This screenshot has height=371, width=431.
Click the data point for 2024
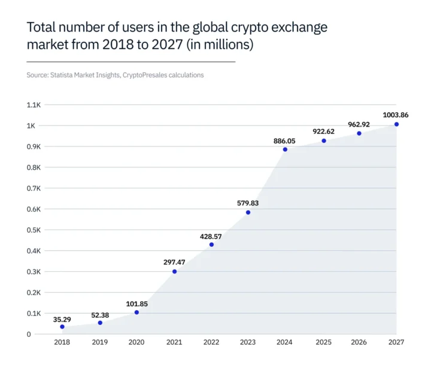pos(285,149)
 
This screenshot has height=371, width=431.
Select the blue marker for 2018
pos(62,327)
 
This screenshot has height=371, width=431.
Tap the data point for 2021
pos(174,272)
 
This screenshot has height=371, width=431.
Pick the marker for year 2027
pos(396,124)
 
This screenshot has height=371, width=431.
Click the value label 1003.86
pos(396,114)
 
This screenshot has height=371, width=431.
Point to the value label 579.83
pos(248,203)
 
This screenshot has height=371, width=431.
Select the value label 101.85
pos(136,303)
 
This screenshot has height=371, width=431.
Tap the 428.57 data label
pos(211,237)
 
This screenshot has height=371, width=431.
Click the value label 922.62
pos(324,131)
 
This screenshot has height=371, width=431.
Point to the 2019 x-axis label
pos(100,342)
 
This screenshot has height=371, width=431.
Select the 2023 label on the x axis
pos(248,342)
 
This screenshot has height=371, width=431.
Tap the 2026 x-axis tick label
pos(359,342)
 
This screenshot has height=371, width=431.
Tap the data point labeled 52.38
pos(100,323)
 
